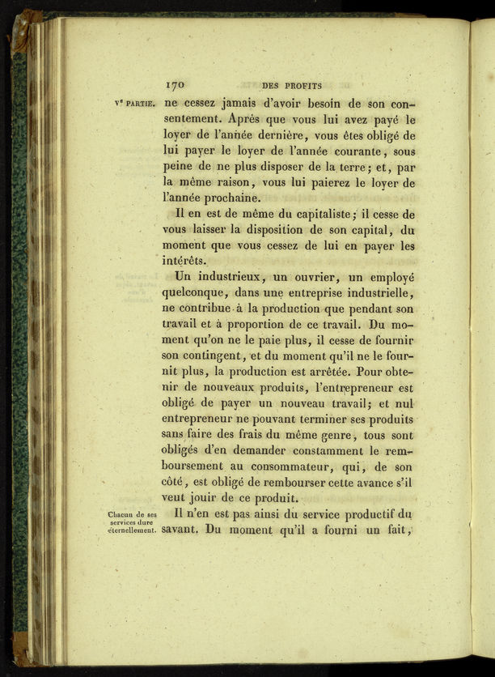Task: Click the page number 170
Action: (176, 83)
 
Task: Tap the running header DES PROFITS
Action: (292, 84)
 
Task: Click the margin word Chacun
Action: (121, 514)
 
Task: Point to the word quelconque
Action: (195, 292)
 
